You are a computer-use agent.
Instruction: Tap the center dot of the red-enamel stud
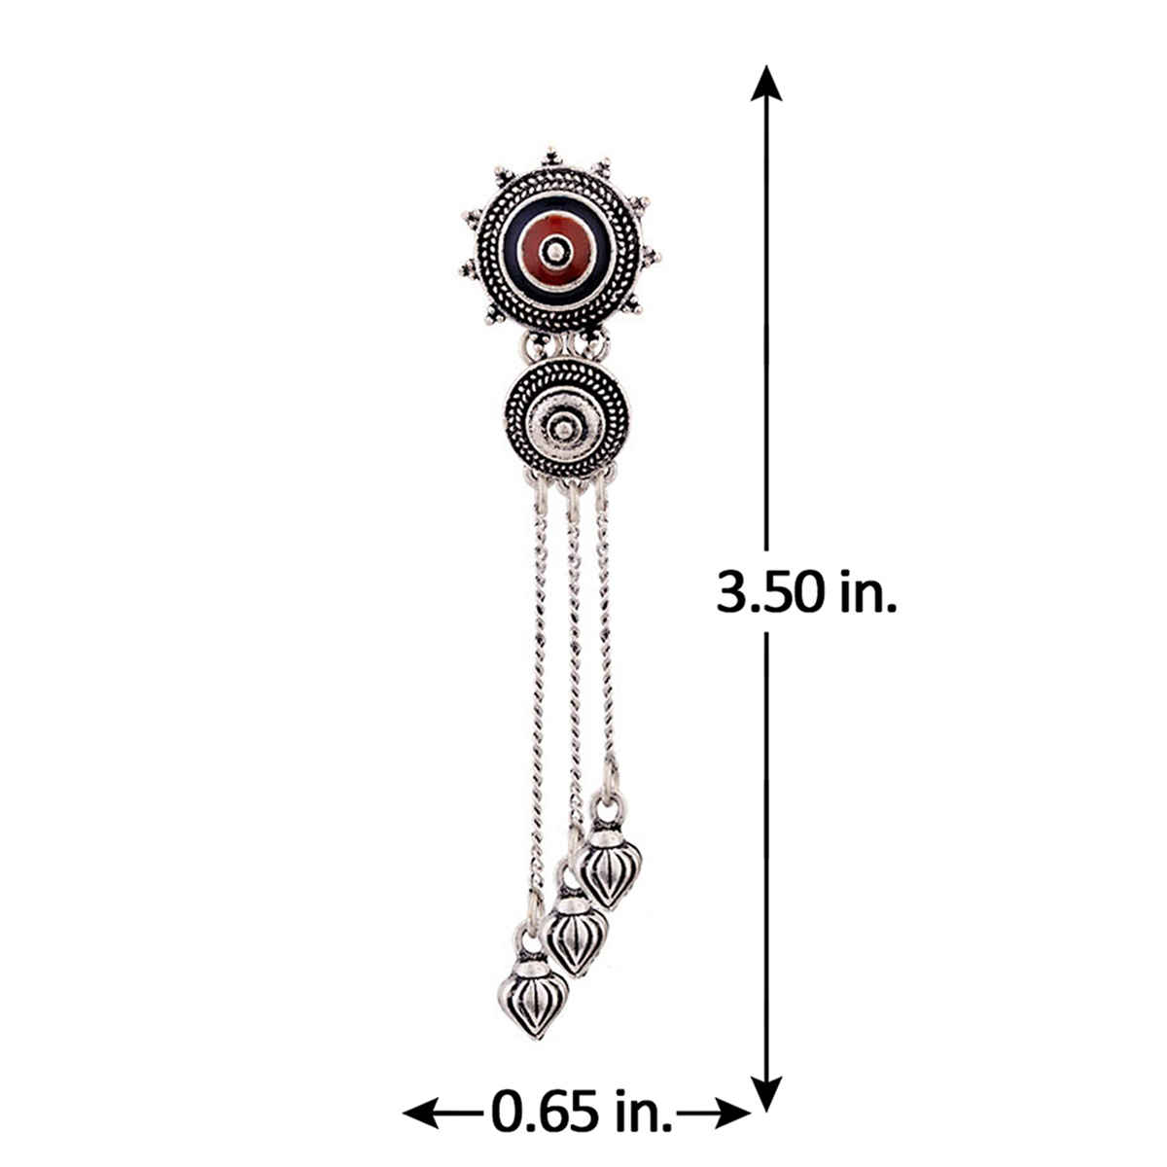pos(556,251)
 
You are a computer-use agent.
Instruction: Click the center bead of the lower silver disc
pos(566,430)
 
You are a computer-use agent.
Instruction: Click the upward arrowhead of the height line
pos(766,84)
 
